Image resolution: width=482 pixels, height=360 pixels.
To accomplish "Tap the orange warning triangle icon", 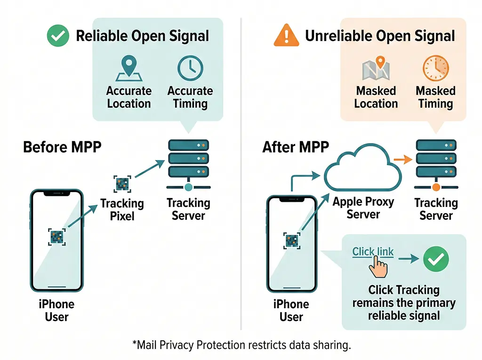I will point(286,36).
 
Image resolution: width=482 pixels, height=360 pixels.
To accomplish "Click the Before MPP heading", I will point(62,147).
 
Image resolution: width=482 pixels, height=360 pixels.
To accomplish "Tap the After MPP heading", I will point(296,147).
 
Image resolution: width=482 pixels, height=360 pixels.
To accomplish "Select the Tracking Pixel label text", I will point(122,210).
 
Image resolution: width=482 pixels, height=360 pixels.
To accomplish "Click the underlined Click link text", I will point(373,252).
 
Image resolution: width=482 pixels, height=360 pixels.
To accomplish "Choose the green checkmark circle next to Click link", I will point(436,258).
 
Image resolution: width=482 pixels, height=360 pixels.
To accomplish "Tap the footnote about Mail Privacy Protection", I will point(241,345).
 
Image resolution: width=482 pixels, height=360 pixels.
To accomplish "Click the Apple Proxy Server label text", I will point(363,208).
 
